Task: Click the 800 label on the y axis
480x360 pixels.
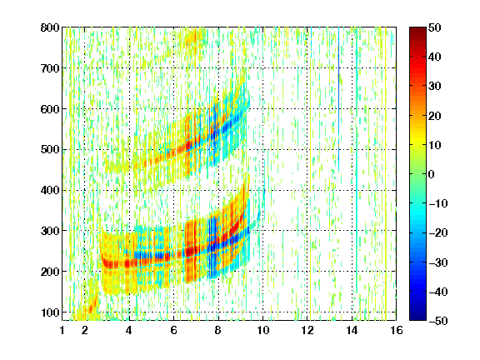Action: pos(50,27)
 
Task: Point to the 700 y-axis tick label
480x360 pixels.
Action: pos(50,68)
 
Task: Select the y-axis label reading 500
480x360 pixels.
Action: pos(50,150)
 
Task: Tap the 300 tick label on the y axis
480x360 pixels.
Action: pos(50,231)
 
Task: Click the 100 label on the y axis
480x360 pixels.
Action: pos(50,312)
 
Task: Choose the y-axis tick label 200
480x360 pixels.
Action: pos(50,272)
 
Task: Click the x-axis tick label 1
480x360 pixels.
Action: pos(62,330)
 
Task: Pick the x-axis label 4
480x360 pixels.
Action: pos(129,330)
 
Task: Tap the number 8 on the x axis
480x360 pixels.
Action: pos(218,330)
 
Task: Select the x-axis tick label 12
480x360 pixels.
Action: pos(307,330)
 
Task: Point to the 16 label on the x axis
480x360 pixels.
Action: pos(397,330)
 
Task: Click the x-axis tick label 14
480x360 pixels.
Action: pos(352,330)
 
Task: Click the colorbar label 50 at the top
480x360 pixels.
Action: pos(434,27)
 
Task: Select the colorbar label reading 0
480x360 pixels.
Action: pos(432,174)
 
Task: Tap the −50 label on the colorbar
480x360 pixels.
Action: pos(438,321)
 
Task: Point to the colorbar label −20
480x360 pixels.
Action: pos(438,232)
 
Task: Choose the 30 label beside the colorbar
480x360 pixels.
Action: pos(434,86)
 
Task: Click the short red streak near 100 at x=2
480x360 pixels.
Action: pos(93,304)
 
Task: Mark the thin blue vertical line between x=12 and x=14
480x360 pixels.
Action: pos(338,99)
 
